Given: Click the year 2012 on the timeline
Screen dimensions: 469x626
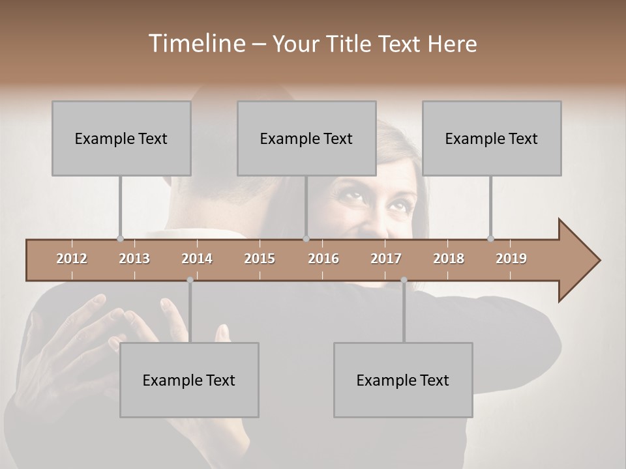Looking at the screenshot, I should click(72, 259).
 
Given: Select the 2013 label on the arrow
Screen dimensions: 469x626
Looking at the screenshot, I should click(134, 259).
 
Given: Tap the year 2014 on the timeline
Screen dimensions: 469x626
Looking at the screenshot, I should click(197, 259).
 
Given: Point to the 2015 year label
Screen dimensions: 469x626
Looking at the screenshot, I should click(260, 259).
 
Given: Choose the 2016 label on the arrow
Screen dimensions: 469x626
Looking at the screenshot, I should click(323, 259).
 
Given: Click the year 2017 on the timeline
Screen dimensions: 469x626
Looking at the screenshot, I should click(386, 259).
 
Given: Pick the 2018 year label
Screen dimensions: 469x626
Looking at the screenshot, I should click(449, 259).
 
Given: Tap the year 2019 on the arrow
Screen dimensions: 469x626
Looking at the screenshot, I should click(511, 259).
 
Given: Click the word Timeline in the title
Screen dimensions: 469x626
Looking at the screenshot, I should click(196, 44).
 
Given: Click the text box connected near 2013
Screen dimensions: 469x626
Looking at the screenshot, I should click(121, 138).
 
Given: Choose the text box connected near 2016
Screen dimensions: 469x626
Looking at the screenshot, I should click(306, 138).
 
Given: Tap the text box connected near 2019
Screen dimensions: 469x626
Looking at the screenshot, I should click(492, 138).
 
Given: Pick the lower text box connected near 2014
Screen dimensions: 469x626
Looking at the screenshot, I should click(189, 380).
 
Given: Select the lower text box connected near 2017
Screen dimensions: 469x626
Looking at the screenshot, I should click(403, 380).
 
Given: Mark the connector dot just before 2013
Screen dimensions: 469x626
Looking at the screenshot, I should click(120, 238).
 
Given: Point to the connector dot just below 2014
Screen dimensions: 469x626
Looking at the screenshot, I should click(190, 280).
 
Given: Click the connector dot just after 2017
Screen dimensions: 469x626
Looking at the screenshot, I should click(404, 280).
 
